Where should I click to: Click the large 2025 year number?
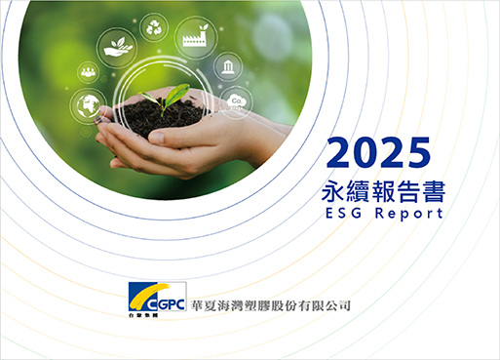(379, 152)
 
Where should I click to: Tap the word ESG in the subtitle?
(343, 214)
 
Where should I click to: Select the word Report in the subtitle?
(409, 214)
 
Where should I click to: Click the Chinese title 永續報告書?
(383, 191)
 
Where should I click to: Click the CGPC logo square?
(157, 297)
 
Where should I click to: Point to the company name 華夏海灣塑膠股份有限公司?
(271, 306)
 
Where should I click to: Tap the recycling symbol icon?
(154, 27)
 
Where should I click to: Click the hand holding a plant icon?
(117, 48)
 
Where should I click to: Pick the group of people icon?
(89, 72)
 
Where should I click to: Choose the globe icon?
(88, 105)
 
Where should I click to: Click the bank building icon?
(228, 66)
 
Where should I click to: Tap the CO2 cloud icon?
(237, 102)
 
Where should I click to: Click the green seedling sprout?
(166, 99)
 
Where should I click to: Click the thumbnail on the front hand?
(157, 138)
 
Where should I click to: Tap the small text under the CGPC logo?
(143, 315)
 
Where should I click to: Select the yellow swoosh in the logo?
(148, 296)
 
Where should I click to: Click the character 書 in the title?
(434, 191)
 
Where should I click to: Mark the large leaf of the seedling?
(177, 94)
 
